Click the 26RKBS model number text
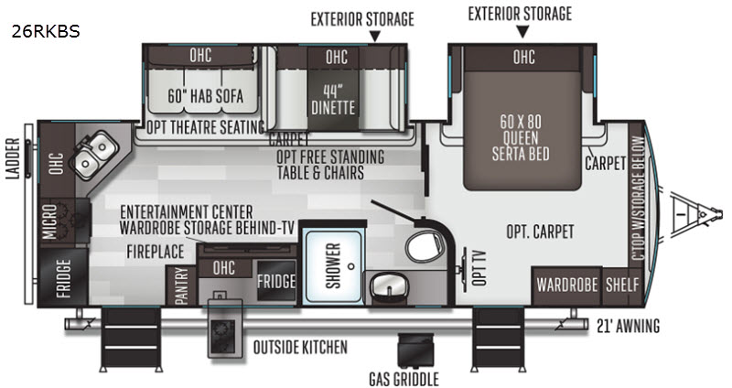tap(47, 31)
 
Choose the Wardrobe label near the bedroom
tap(567, 284)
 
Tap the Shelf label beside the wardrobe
tap(622, 284)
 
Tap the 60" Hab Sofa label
tap(201, 94)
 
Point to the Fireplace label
tap(156, 250)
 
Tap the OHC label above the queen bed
tap(524, 57)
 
